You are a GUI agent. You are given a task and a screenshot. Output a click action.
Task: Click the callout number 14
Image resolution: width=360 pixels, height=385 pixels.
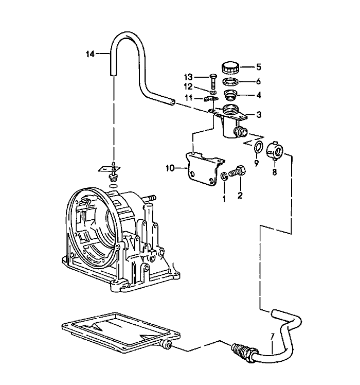click(x=91, y=53)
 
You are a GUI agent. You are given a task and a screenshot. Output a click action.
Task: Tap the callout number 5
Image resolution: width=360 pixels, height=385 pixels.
click(x=259, y=66)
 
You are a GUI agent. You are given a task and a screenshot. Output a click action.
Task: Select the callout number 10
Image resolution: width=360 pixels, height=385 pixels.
click(x=170, y=167)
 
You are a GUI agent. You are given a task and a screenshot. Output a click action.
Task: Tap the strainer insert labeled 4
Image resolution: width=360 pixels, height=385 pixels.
click(x=230, y=95)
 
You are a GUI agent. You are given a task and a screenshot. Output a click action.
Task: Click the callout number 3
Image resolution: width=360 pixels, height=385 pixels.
click(x=259, y=114)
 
